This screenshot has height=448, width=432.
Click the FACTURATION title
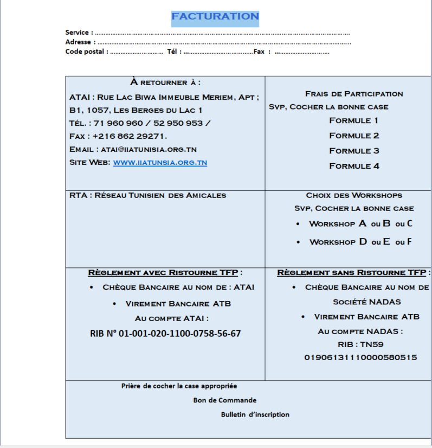pos(215,17)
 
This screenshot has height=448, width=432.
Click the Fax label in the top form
pos(259,52)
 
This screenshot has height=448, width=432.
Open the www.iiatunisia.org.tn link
pos(160,162)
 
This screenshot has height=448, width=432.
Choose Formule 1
pos(354,120)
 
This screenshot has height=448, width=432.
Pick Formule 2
pos(354,136)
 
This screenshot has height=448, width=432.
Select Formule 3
pos(354,151)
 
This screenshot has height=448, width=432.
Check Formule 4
pos(354,166)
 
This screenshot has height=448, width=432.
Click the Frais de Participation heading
pos(354,94)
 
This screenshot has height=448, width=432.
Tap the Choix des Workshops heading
pos(354,195)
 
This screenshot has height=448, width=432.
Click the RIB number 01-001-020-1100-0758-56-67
pos(165,334)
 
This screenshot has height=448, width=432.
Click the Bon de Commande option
pos(225,400)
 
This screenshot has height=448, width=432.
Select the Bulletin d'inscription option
pos(255,414)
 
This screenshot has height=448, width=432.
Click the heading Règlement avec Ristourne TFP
pos(164,272)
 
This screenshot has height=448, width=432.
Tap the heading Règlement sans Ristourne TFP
pos(351,272)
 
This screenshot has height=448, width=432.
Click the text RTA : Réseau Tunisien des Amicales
pos(148,195)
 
